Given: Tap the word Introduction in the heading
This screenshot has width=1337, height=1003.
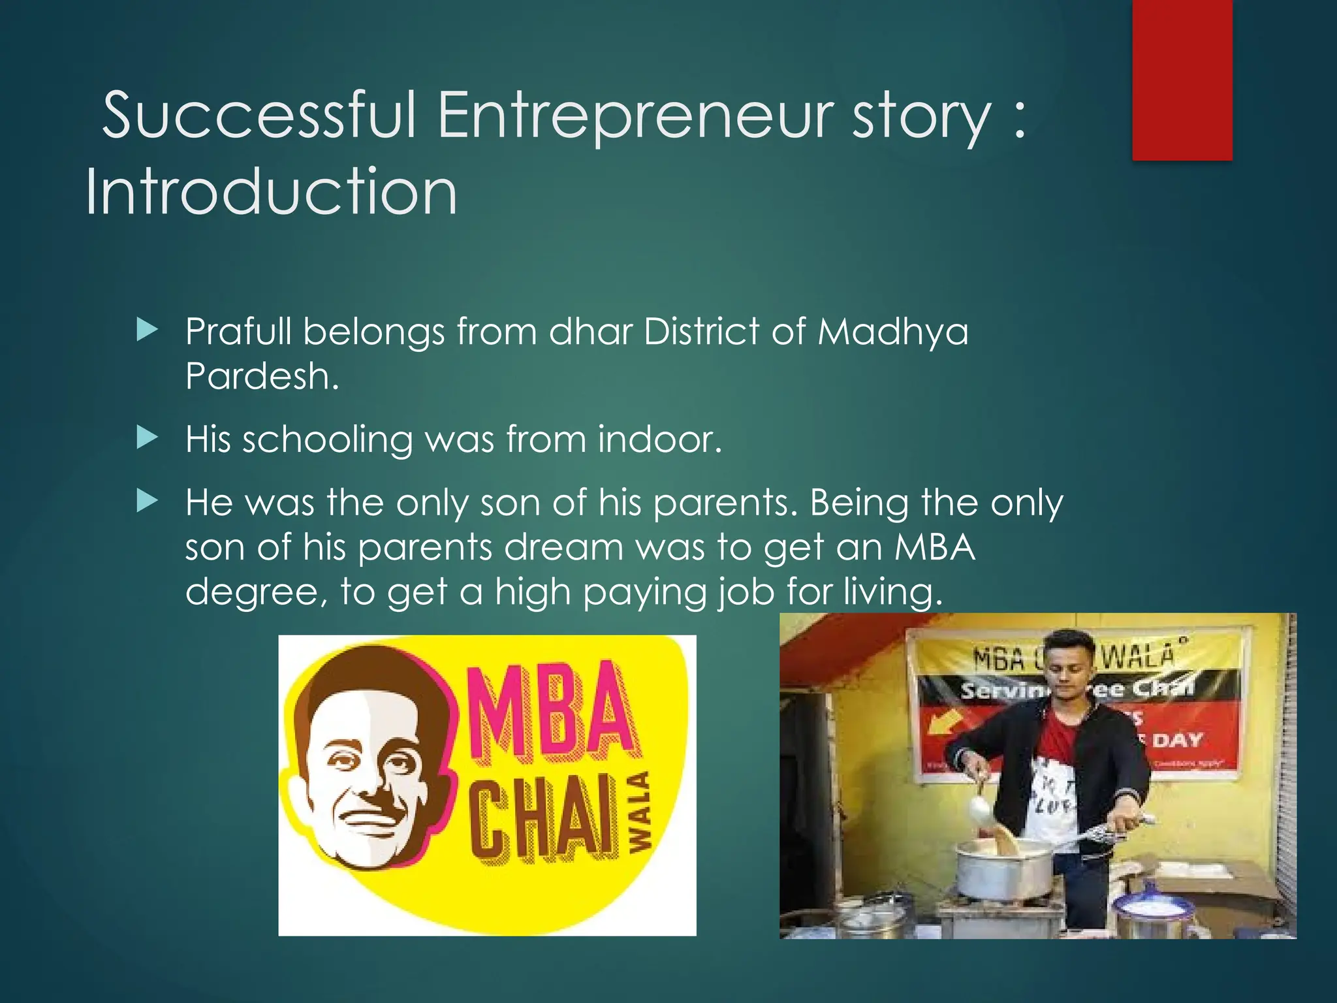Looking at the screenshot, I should pos(271,191).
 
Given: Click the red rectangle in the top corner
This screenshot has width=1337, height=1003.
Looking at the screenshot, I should pos(1182,80).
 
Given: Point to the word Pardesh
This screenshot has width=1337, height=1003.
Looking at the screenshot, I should pos(261,376).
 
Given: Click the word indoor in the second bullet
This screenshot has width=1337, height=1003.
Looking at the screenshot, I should pos(659,439).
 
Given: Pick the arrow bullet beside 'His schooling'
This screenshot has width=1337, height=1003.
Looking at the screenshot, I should pos(148,438).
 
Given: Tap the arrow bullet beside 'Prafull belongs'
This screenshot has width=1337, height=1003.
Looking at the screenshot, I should pos(148,330).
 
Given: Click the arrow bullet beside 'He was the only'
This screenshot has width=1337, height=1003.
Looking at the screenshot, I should pos(148,501).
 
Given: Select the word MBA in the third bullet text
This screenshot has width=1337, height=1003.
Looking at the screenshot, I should pos(935,547).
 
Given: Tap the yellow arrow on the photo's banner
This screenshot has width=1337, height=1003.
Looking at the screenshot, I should pos(945,723).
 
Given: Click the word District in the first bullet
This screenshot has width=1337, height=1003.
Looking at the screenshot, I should pos(701,331).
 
